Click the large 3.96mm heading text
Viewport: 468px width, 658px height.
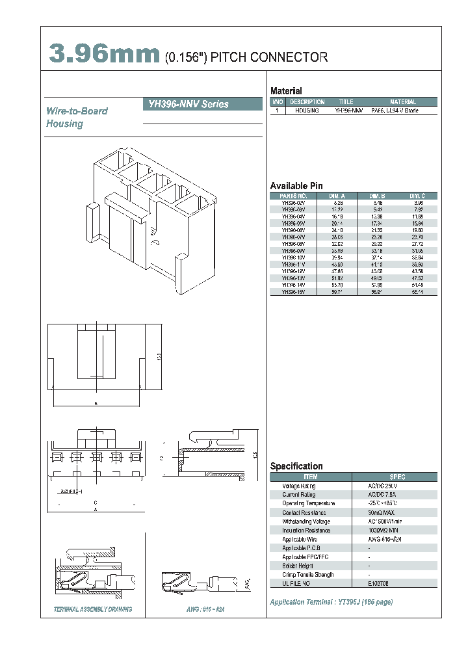click(x=104, y=55)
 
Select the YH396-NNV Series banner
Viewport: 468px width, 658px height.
click(x=194, y=104)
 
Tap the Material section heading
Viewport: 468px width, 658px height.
click(x=286, y=91)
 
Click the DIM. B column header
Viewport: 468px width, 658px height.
click(x=377, y=196)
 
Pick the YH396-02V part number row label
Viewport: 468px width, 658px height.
click(x=293, y=203)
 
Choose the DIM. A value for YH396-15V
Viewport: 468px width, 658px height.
click(x=337, y=293)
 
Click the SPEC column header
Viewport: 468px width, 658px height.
click(x=396, y=477)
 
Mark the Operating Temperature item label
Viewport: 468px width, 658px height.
click(x=309, y=503)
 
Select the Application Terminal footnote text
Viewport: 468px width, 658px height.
click(x=331, y=602)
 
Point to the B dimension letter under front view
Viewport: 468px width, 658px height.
click(x=96, y=404)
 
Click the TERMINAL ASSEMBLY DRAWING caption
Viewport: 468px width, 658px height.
click(x=92, y=609)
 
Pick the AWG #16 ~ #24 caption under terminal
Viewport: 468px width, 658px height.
click(x=205, y=609)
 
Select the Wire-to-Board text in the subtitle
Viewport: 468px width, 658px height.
click(x=76, y=111)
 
